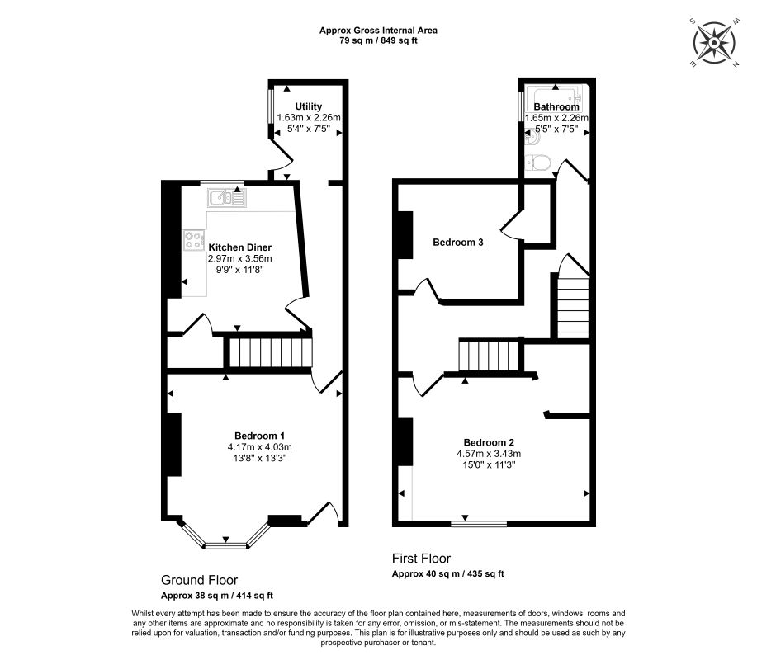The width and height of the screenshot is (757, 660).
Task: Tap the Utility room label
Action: click(308, 106)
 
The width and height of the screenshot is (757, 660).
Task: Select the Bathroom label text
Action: click(556, 106)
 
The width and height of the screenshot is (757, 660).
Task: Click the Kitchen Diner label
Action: click(239, 247)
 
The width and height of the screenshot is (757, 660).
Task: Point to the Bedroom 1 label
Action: click(259, 436)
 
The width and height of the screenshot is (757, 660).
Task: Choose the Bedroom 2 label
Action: click(489, 441)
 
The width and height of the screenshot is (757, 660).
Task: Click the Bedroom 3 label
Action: click(458, 243)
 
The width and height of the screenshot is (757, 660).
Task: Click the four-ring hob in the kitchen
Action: click(194, 240)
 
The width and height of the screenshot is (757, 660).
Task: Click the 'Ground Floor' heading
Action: click(199, 580)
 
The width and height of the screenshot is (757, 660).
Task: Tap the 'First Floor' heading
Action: click(421, 559)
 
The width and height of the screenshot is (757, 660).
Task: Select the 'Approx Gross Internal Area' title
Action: click(378, 31)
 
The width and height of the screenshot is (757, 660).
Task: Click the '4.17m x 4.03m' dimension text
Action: click(259, 447)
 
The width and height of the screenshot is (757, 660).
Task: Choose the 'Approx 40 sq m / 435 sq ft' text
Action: click(447, 573)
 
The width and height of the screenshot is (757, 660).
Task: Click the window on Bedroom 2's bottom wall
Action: click(479, 522)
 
